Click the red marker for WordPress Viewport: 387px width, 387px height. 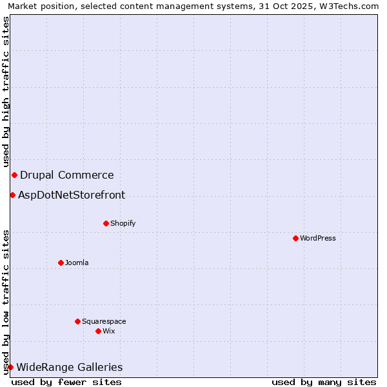click(295, 238)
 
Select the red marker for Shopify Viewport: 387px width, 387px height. click(106, 223)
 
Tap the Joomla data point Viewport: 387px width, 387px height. click(61, 263)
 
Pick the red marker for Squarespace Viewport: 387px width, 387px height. click(77, 321)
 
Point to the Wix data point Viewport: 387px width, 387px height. click(98, 331)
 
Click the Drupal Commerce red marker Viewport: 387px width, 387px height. click(14, 175)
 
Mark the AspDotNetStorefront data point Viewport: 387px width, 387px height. click(12, 195)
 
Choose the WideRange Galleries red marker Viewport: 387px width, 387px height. click(10, 367)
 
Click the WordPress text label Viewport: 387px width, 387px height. click(318, 238)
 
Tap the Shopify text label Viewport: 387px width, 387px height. click(123, 223)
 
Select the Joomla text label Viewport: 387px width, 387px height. click(77, 263)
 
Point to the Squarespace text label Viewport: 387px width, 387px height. click(104, 321)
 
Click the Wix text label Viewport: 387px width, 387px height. click(109, 331)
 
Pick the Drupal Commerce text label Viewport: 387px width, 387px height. click(67, 175)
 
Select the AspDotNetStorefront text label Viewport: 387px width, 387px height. click(72, 195)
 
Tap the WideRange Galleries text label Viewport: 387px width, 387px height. click(69, 367)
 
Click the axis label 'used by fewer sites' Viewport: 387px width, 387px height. click(66, 382)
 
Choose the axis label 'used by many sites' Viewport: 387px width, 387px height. click(324, 382)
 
